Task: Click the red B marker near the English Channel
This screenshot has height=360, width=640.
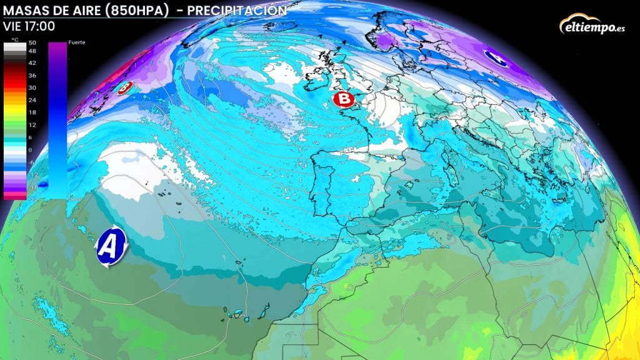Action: tap(343, 99)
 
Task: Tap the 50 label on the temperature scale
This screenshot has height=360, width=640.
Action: tap(32, 42)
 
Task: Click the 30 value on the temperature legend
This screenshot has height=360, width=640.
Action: tap(32, 87)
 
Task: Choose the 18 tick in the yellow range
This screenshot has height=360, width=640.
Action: tap(32, 112)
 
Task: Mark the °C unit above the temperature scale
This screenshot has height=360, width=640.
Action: tap(15, 39)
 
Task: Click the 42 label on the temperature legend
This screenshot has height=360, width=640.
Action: tap(32, 63)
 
